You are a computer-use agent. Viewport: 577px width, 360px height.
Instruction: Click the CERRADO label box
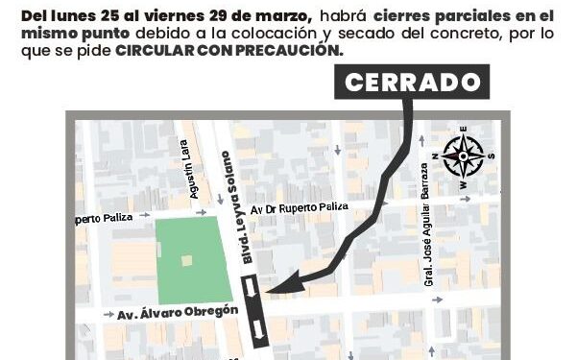(x=411, y=83)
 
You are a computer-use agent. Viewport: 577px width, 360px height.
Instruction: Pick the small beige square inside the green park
(x=186, y=260)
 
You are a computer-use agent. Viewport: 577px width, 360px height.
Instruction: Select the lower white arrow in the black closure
(x=257, y=330)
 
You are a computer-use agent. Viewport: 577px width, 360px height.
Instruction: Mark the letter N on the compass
(x=437, y=153)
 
